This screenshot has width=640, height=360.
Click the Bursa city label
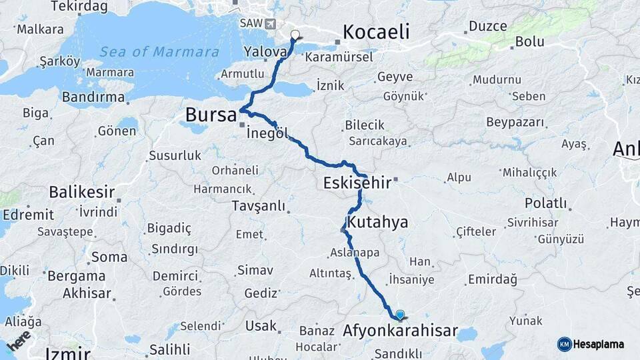tap(211, 115)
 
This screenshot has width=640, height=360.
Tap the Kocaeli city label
tap(376, 32)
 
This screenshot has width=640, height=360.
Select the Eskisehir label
tap(357, 183)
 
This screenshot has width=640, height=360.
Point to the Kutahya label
tap(377, 222)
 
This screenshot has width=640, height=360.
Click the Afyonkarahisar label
tap(400, 331)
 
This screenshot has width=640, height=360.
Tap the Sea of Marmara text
tap(159, 51)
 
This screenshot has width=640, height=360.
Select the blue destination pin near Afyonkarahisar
tap(399, 315)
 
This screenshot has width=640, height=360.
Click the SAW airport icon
tap(270, 24)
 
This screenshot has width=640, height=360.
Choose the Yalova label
tap(265, 51)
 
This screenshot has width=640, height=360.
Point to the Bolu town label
tap(529, 43)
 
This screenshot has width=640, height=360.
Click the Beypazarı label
tap(515, 123)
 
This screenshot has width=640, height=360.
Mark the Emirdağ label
tap(492, 279)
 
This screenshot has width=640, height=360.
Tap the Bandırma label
tap(93, 97)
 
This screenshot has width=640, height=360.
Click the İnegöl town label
tap(267, 133)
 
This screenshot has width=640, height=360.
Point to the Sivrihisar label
tap(532, 222)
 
